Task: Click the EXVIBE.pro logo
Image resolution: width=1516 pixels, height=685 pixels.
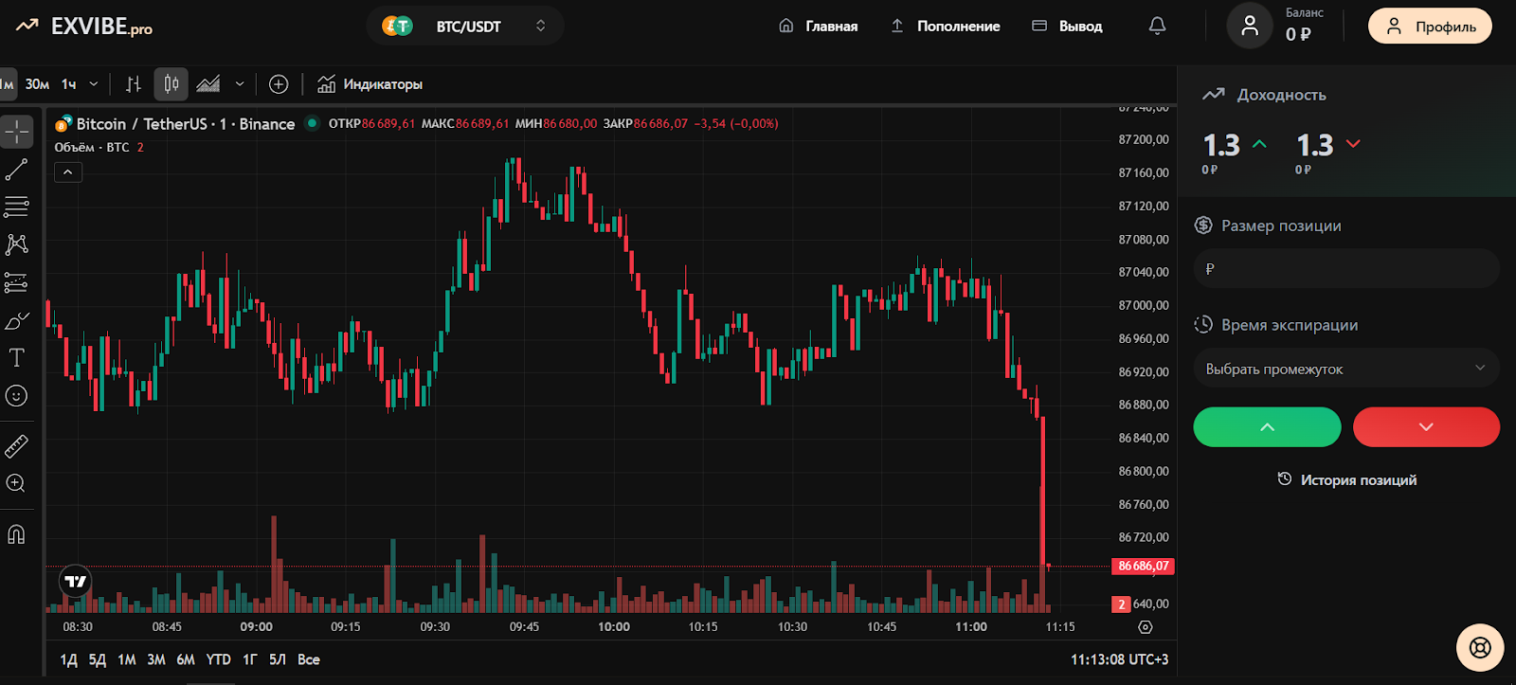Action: (85, 27)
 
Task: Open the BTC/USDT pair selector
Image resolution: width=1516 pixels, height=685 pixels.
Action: (465, 27)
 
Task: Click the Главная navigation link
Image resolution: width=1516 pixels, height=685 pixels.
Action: (819, 27)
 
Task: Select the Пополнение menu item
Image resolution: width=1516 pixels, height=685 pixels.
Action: (946, 27)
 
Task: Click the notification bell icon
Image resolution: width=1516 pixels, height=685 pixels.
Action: (1157, 27)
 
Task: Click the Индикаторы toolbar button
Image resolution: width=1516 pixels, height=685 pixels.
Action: (370, 84)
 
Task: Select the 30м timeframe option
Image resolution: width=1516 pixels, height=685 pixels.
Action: (37, 84)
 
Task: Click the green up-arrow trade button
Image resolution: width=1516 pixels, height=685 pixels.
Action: (1267, 427)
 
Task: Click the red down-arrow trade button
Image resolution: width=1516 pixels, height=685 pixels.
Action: (1426, 427)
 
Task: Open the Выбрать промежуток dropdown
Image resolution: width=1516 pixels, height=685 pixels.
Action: (1345, 369)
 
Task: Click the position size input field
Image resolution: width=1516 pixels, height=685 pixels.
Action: (1345, 269)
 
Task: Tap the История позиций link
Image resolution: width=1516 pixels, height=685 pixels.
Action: (1347, 480)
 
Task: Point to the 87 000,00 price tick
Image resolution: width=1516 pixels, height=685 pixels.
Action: (1144, 305)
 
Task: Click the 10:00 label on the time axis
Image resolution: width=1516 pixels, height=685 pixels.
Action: (614, 627)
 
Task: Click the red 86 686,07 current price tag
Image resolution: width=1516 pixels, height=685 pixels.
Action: (1143, 567)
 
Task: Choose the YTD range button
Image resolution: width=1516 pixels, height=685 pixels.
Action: (218, 659)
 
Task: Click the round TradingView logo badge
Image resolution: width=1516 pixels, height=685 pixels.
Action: (76, 581)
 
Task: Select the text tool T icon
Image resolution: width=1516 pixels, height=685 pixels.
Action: (16, 358)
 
